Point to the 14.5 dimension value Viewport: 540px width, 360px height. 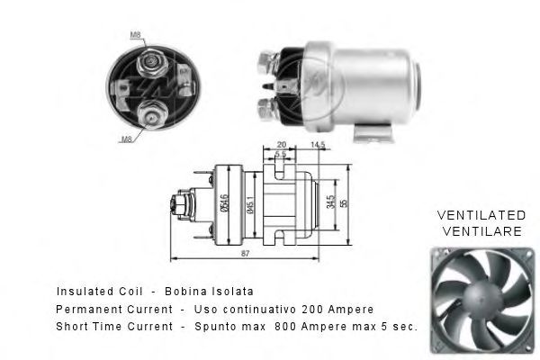click(317, 145)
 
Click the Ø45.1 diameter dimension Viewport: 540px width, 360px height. click(253, 206)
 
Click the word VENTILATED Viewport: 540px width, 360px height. click(481, 216)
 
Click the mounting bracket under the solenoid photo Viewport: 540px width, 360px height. click(372, 134)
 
